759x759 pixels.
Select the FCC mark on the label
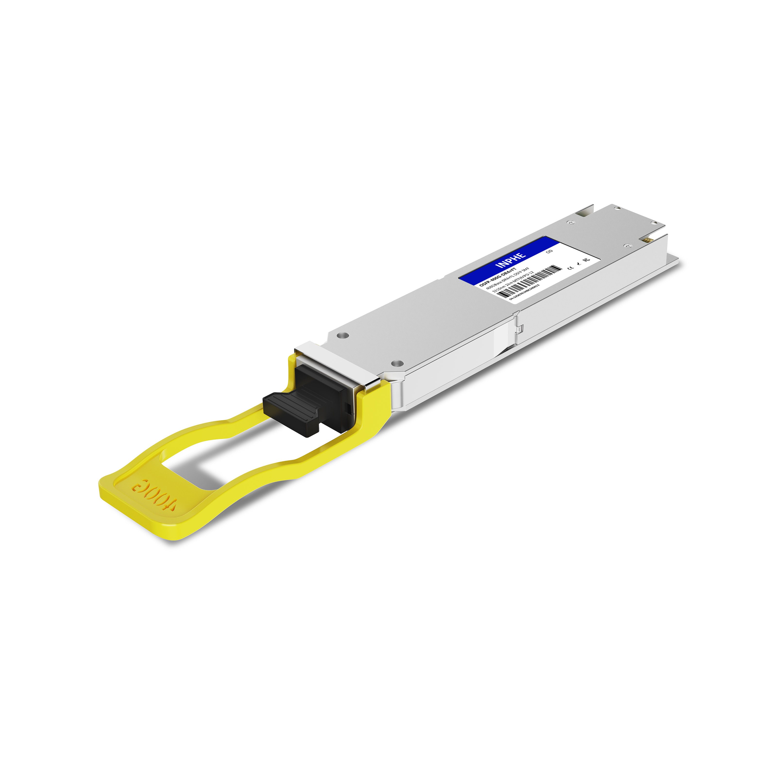pos(586,260)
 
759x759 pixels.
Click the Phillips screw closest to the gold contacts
pos(627,246)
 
